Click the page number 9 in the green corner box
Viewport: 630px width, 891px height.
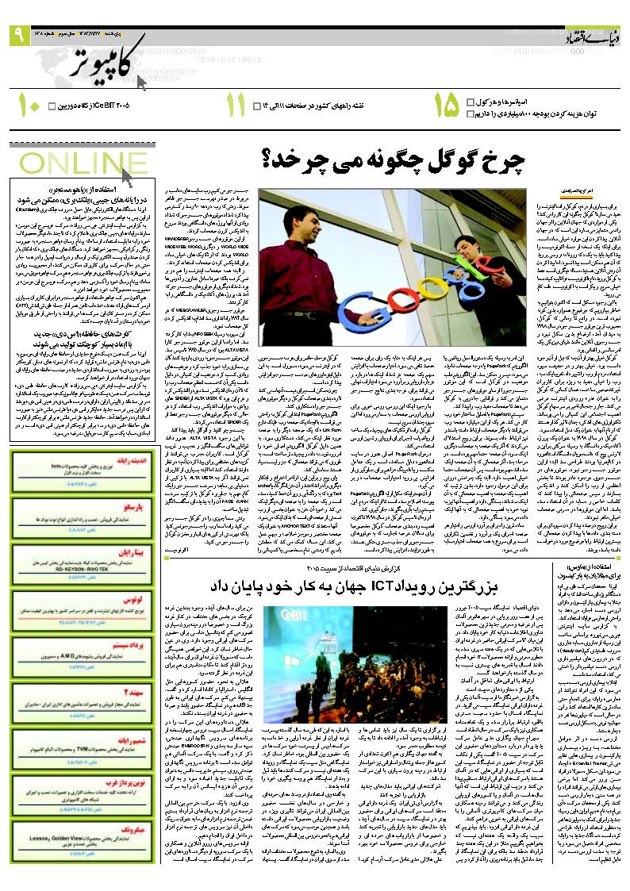point(17,35)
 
